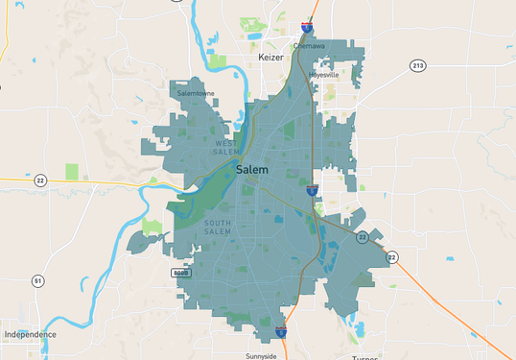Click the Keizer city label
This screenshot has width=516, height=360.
[x=272, y=58]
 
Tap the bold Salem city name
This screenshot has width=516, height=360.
[x=252, y=170]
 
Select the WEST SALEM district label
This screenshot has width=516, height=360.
[x=227, y=148]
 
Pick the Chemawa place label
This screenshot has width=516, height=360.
[x=309, y=45]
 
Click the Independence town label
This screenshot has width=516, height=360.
[x=30, y=334]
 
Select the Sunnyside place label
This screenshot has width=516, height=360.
[x=261, y=356]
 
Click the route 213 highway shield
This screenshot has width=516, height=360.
[x=417, y=65]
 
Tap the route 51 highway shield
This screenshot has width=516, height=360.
[x=37, y=280]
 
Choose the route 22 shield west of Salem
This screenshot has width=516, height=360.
[x=39, y=180]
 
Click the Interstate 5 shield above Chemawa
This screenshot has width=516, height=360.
[x=306, y=28]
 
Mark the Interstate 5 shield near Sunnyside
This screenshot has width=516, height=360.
[x=281, y=331]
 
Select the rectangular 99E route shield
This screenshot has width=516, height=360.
[x=180, y=273]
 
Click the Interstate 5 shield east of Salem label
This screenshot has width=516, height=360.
[x=313, y=191]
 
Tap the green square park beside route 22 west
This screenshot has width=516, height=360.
[x=72, y=172]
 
